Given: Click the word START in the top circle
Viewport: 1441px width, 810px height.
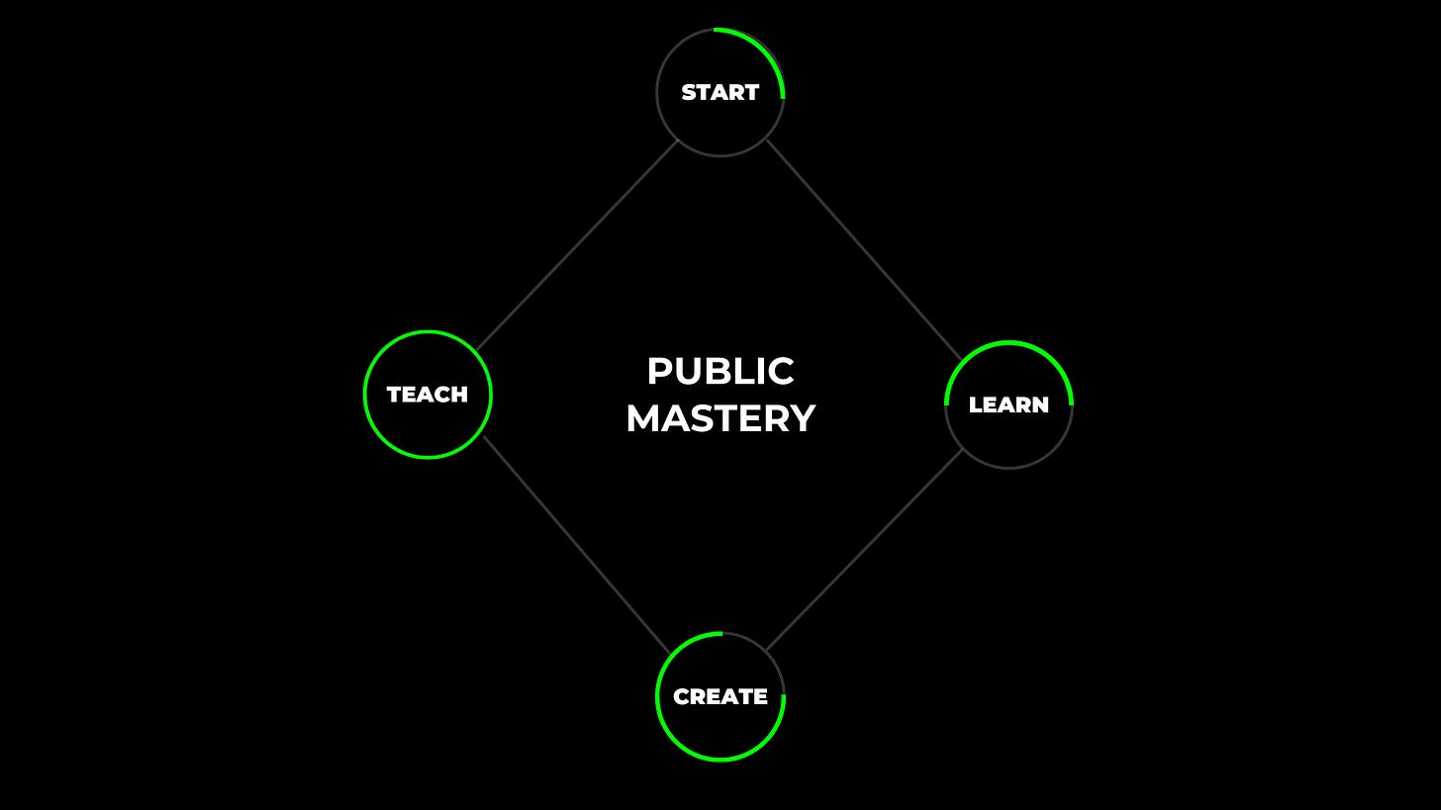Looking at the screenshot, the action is pyautogui.click(x=720, y=92).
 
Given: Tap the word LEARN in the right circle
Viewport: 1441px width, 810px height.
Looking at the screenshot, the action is pyautogui.click(x=1009, y=405).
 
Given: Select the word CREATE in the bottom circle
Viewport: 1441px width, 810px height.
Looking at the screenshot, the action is pyautogui.click(x=720, y=696).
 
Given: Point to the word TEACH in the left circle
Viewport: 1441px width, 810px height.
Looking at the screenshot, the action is pyautogui.click(x=427, y=395).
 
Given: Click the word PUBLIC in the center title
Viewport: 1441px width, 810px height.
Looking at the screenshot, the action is pyautogui.click(x=720, y=372).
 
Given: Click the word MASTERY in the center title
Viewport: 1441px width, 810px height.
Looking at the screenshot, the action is pyautogui.click(x=720, y=418).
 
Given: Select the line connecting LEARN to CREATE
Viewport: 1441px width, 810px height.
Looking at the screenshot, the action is pyautogui.click(x=864, y=551).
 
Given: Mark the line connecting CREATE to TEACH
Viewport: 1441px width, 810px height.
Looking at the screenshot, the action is pyautogui.click(x=576, y=545).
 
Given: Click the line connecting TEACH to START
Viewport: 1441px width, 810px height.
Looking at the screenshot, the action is pyautogui.click(x=576, y=246).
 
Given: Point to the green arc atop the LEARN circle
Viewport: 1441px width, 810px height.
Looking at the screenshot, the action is pyautogui.click(x=1009, y=342).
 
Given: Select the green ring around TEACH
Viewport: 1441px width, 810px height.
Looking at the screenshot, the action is pyautogui.click(x=364, y=395).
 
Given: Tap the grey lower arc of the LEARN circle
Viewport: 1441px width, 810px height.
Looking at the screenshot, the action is pyautogui.click(x=1009, y=468).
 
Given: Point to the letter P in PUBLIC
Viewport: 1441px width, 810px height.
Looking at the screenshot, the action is pyautogui.click(x=659, y=372).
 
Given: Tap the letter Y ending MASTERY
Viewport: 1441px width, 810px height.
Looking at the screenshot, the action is pyautogui.click(x=804, y=418).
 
